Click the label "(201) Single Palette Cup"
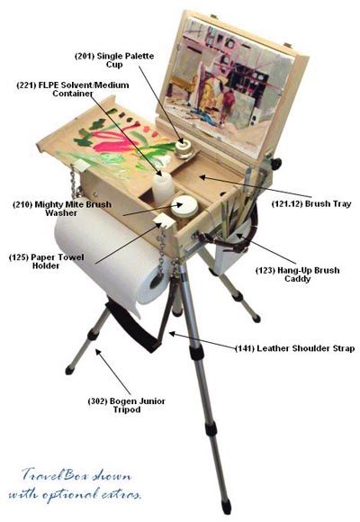(114, 60)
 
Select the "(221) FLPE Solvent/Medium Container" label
(73, 89)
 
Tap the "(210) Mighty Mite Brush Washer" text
(62, 209)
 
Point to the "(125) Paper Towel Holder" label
(46, 261)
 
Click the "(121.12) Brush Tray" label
(311, 203)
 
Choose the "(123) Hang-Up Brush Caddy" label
(297, 274)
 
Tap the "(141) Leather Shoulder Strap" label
(294, 348)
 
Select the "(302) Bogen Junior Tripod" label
(127, 405)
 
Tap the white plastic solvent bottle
(163, 187)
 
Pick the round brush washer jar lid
(184, 203)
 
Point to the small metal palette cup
(184, 149)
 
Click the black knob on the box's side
(275, 163)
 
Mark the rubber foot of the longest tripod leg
(226, 507)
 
